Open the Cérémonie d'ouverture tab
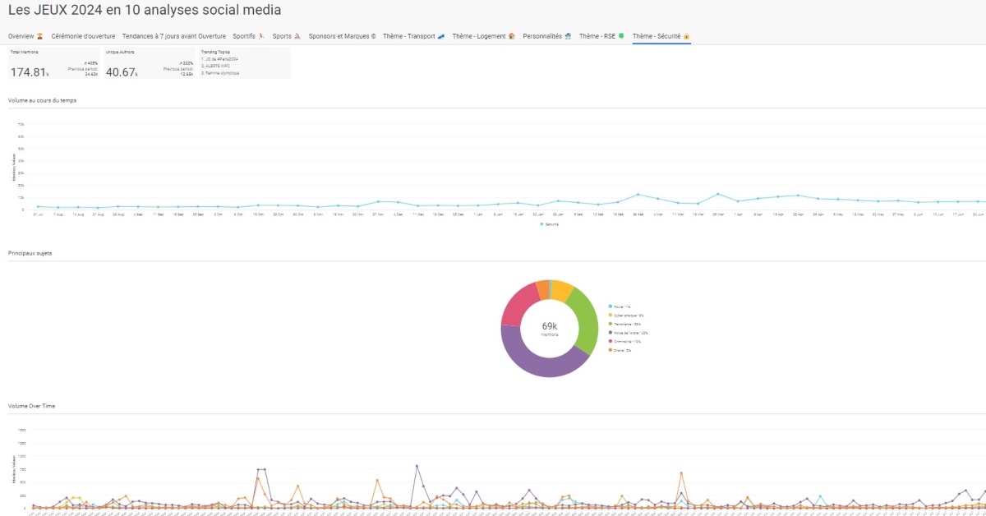pyautogui.click(x=83, y=37)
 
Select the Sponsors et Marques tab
pyautogui.click(x=342, y=37)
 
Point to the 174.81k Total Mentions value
pyautogui.click(x=30, y=72)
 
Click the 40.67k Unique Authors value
pyautogui.click(x=122, y=72)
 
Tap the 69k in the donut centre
pyautogui.click(x=550, y=327)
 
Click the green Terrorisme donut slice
pyautogui.click(x=584, y=316)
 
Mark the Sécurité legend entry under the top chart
pyautogui.click(x=551, y=223)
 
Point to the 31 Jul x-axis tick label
pyautogui.click(x=38, y=214)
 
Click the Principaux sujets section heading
pyautogui.click(x=30, y=253)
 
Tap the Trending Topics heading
pyautogui.click(x=215, y=52)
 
